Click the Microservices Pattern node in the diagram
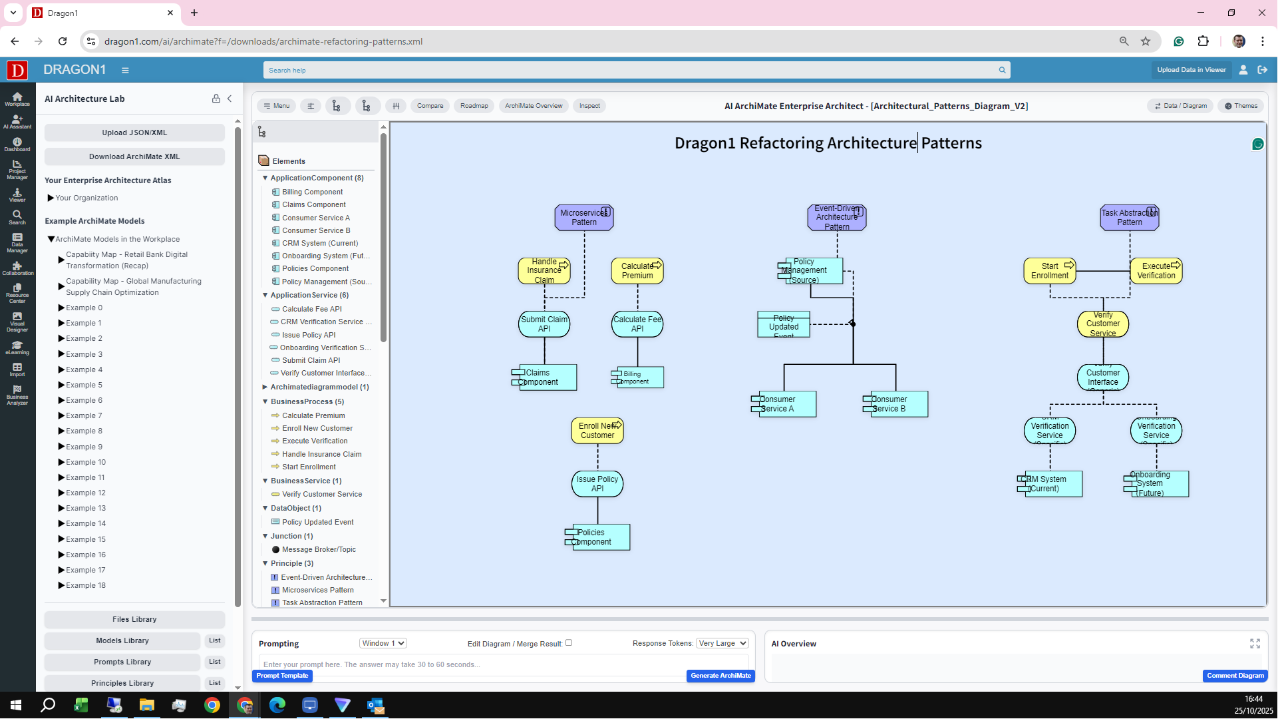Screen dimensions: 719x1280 (584, 218)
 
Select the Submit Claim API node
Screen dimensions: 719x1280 (544, 324)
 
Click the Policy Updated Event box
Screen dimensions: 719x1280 (784, 325)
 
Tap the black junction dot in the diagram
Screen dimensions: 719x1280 (852, 324)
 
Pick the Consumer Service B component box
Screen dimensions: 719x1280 (895, 404)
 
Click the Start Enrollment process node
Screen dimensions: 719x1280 (1050, 271)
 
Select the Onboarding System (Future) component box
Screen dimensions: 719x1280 (1156, 484)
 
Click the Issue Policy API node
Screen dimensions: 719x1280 (597, 484)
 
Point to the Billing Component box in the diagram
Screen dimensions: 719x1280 (637, 377)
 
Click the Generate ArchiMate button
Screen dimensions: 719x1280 (720, 676)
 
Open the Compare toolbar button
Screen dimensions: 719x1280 (430, 106)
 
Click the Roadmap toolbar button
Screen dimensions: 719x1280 (474, 106)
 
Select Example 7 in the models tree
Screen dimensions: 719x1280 (84, 416)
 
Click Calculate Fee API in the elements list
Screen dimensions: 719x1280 (311, 309)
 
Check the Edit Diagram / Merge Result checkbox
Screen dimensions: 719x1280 (569, 643)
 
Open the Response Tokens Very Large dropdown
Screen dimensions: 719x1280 (722, 644)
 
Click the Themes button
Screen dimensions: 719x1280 (1241, 106)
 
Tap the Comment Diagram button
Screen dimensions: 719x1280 (1235, 676)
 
